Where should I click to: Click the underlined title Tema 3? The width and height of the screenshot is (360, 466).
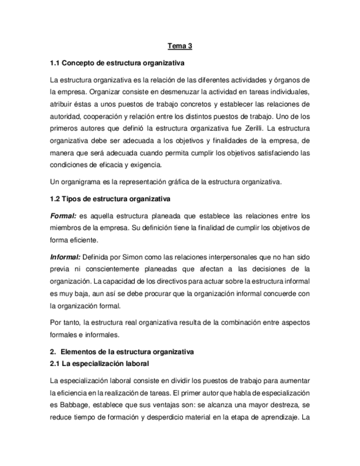[180, 47]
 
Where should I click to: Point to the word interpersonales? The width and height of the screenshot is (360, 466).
[208, 256]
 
